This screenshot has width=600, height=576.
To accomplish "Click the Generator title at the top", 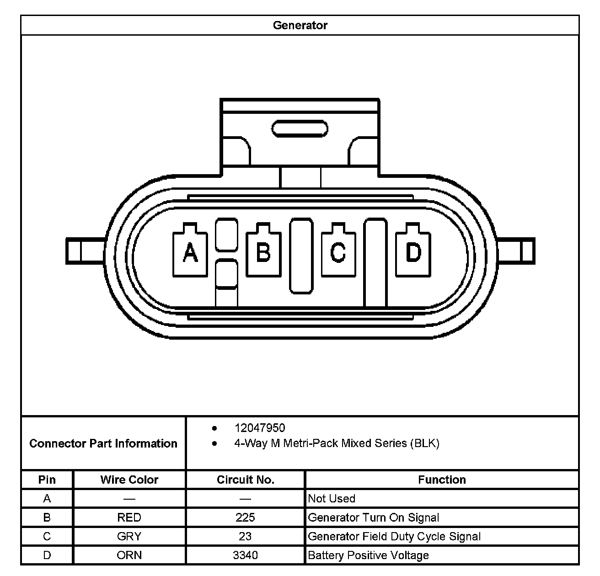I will click(x=300, y=25).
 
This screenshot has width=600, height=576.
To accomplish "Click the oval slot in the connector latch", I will click(x=300, y=128).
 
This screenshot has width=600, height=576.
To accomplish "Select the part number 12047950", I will click(x=259, y=428).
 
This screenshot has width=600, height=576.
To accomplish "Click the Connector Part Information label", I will click(x=103, y=443).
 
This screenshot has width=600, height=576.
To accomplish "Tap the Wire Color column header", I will click(x=129, y=480).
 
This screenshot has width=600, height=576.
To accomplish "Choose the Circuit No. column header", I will click(x=246, y=480).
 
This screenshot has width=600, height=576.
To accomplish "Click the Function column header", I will click(x=442, y=480).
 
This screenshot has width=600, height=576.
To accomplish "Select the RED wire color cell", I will click(x=129, y=517).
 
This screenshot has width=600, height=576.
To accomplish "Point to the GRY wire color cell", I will click(x=129, y=536).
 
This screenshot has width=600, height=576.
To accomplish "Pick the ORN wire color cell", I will click(x=129, y=555).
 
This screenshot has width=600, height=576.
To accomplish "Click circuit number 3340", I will click(x=246, y=555).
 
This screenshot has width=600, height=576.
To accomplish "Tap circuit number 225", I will click(x=246, y=517).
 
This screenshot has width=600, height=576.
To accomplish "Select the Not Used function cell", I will click(x=332, y=498).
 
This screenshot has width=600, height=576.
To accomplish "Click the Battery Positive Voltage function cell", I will click(x=368, y=555).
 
